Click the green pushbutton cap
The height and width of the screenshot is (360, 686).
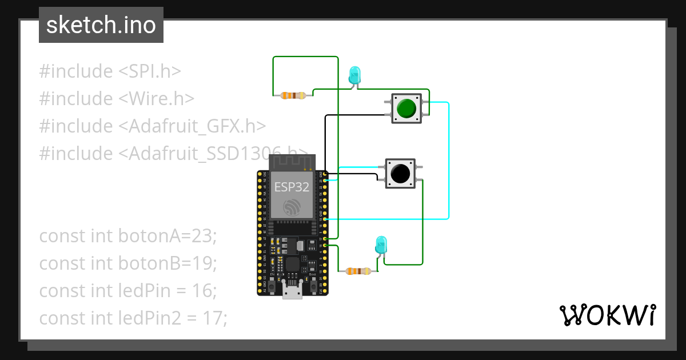406,108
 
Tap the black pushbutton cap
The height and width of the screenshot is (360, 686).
400,173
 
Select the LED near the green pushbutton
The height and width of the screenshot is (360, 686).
354,75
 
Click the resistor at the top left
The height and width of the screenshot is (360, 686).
292,95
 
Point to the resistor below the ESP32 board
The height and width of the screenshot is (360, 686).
358,271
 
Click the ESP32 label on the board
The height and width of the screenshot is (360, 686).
292,187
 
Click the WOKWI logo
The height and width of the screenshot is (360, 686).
607,315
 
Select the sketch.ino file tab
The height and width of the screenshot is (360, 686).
101,25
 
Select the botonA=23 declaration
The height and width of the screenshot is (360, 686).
128,235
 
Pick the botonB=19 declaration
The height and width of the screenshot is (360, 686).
128,263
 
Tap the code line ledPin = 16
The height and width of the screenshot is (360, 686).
128,290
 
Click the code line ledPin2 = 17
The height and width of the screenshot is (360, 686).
133,318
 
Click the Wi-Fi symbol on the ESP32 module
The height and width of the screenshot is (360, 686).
292,207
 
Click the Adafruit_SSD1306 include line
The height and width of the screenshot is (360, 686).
171,154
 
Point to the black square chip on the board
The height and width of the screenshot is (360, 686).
293,264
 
